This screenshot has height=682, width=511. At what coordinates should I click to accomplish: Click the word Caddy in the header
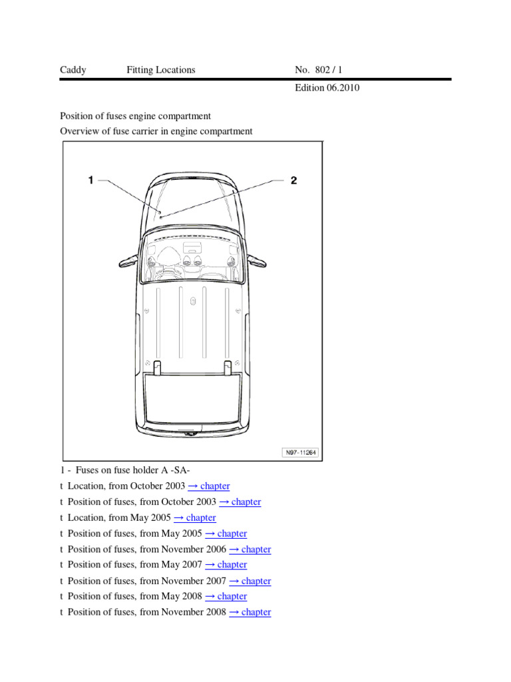[73, 70]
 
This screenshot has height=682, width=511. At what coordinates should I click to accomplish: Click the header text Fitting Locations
[161, 70]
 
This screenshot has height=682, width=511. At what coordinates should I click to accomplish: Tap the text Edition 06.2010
[327, 88]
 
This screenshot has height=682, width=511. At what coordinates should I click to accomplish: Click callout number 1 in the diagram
[91, 180]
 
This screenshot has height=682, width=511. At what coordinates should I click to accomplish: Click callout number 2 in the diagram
[293, 180]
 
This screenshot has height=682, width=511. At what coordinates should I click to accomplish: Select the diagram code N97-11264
[301, 452]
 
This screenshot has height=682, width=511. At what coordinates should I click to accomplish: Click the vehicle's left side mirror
[126, 259]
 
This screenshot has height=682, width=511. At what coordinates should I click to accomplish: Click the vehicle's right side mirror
[259, 259]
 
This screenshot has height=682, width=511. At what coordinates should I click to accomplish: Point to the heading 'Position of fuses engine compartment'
[135, 117]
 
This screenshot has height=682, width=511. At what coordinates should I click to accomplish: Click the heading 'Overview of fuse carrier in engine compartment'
[156, 131]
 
